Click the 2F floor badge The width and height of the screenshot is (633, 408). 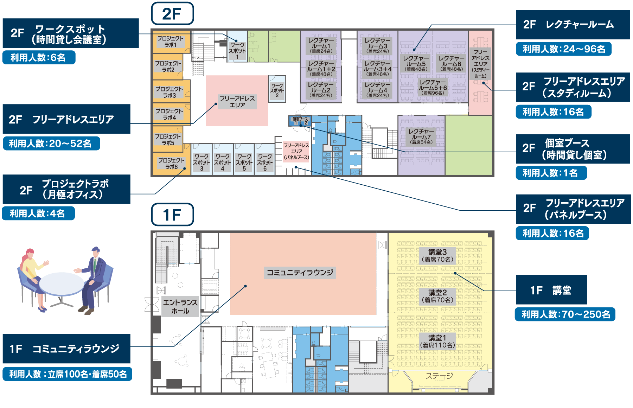click(172, 14)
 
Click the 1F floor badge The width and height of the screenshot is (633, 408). click(172, 215)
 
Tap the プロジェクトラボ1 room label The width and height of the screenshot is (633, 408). click(171, 42)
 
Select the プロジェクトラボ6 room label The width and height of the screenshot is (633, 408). click(171, 164)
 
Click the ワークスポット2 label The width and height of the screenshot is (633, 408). click(277, 90)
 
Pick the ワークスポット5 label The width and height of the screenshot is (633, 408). click(244, 162)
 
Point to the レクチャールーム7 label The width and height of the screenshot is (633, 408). click(421, 136)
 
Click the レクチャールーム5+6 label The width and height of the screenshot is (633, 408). click(433, 87)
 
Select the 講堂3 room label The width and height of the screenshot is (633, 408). click(437, 256)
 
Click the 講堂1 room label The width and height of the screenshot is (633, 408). click(437, 341)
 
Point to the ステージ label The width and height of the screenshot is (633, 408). click(439, 376)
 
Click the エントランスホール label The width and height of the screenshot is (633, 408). click(180, 307)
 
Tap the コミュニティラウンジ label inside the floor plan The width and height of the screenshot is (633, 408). click(300, 273)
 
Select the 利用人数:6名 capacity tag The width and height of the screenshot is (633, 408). click(39, 58)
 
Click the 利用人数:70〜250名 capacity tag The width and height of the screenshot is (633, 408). click(565, 314)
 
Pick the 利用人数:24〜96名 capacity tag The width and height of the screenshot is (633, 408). click(563, 49)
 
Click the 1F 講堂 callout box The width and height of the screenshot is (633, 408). click(551, 290)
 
